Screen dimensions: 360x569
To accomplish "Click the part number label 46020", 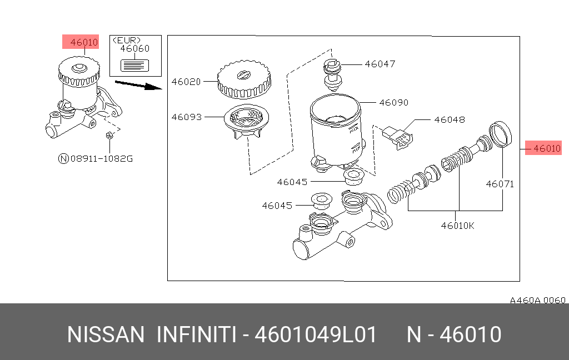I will click(185, 82).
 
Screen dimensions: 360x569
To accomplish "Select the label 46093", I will click(185, 117).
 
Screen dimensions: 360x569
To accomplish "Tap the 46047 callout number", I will click(380, 64).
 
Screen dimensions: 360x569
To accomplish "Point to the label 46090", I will click(394, 103).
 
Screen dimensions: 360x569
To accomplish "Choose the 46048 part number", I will click(450, 119).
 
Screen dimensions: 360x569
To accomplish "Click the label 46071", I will click(500, 184).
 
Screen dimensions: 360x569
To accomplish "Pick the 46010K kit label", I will click(458, 226).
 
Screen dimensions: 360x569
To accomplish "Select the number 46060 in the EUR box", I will click(135, 49).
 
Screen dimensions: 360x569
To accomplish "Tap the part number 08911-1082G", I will click(102, 159).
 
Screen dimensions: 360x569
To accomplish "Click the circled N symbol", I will click(63, 159).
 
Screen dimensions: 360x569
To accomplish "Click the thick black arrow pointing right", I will click(138, 85).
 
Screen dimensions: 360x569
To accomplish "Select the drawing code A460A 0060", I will click(537, 300).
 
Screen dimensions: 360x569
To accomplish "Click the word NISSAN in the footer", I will click(106, 335).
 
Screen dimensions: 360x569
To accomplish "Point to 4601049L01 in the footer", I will click(316, 335).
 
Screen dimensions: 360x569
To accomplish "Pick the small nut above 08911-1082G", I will click(109, 135).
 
